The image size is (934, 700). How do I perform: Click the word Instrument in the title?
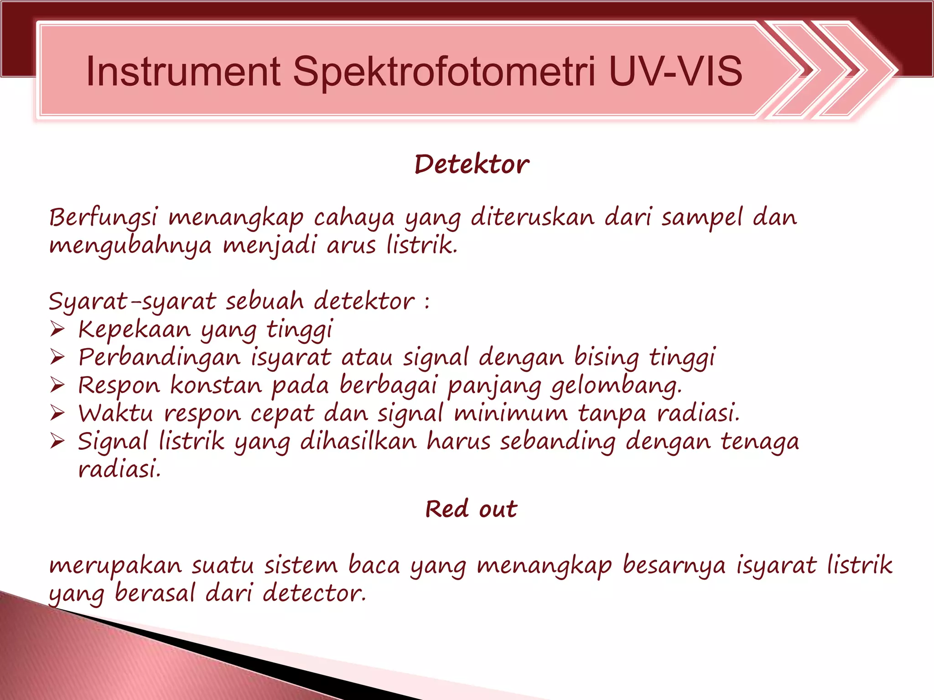pyautogui.click(x=183, y=71)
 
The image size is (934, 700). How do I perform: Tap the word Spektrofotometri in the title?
pyautogui.click(x=444, y=72)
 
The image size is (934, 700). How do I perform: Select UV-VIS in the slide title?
pyautogui.click(x=675, y=71)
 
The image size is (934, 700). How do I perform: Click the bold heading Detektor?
pyautogui.click(x=472, y=165)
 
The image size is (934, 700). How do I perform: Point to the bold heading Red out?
pyautogui.click(x=471, y=509)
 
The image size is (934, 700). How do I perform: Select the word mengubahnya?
pyautogui.click(x=130, y=247)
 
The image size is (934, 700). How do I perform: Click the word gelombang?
pyautogui.click(x=616, y=386)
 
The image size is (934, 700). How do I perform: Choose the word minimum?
pyautogui.click(x=511, y=414)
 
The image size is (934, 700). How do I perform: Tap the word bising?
pyautogui.click(x=606, y=358)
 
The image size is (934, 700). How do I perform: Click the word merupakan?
pyautogui.click(x=115, y=566)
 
